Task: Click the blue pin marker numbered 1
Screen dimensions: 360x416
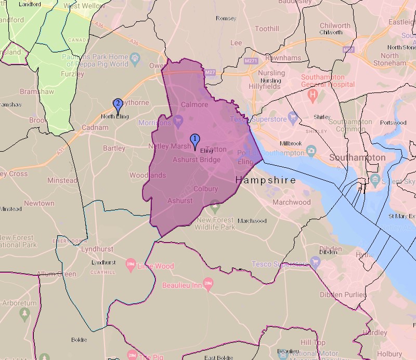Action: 195,140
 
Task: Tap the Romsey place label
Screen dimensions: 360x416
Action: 226,18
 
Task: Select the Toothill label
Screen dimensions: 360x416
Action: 267,29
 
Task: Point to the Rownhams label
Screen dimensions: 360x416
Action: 283,58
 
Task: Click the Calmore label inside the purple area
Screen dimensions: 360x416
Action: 194,104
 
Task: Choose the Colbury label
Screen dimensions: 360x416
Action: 205,189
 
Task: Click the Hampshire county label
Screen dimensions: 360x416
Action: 266,180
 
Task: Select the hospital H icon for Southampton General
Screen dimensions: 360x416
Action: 313,95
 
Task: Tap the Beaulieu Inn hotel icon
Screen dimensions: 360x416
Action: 209,284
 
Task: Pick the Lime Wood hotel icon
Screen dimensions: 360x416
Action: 131,266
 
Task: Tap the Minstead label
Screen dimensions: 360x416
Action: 62,180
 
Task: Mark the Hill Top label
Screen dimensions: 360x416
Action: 313,342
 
